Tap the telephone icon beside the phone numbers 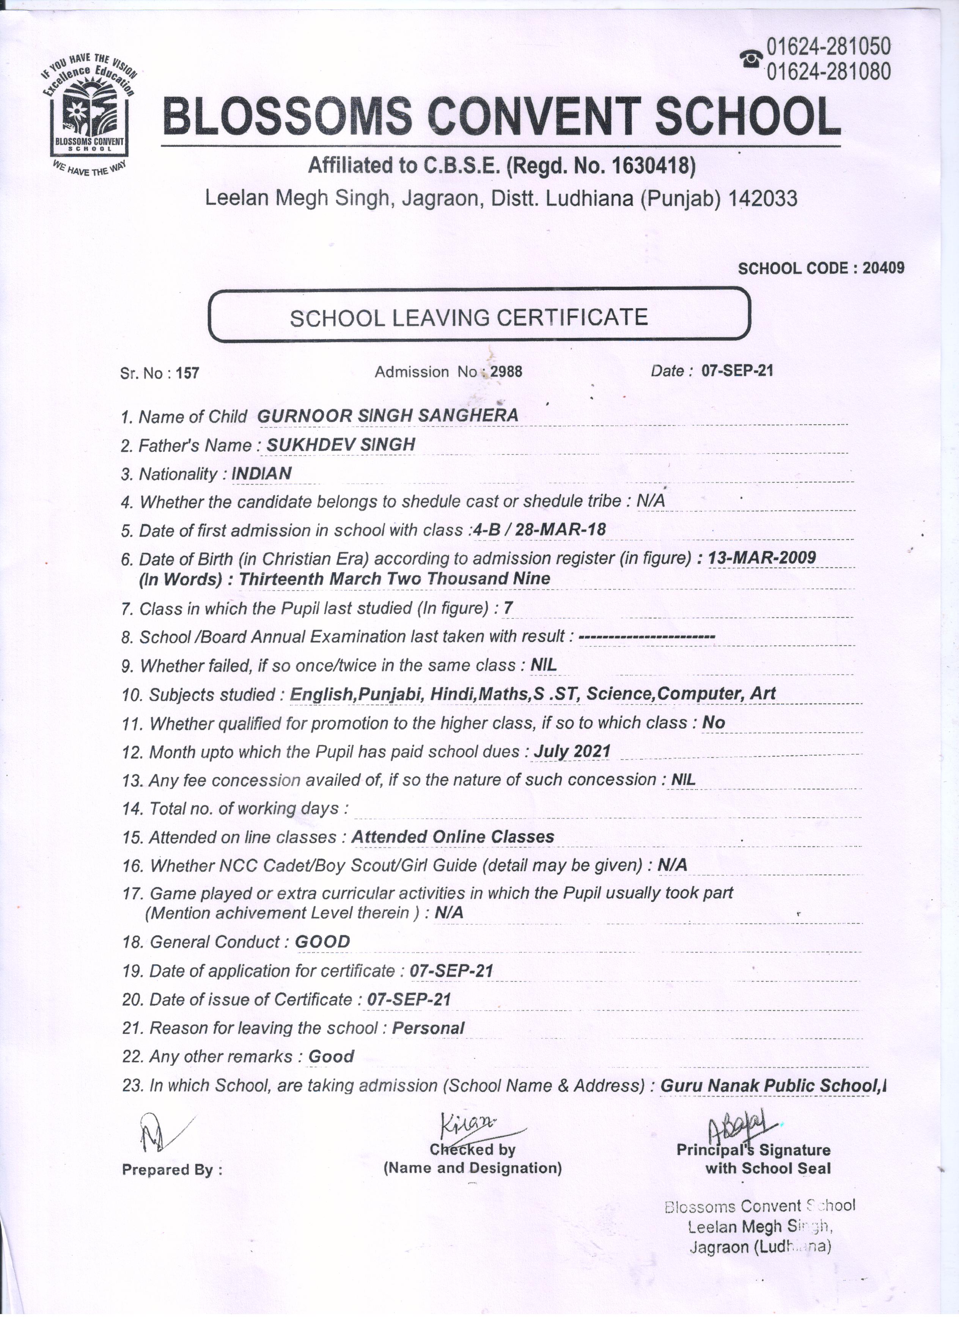pyautogui.click(x=751, y=59)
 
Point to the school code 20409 pyautogui.click(x=884, y=268)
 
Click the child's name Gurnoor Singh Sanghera pyautogui.click(x=388, y=415)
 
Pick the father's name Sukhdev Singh pyautogui.click(x=341, y=444)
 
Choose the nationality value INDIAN pyautogui.click(x=262, y=473)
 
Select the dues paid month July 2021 pyautogui.click(x=571, y=751)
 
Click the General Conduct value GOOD pyautogui.click(x=322, y=942)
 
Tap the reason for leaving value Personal pyautogui.click(x=428, y=1028)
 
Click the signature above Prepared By pyautogui.click(x=158, y=1131)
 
